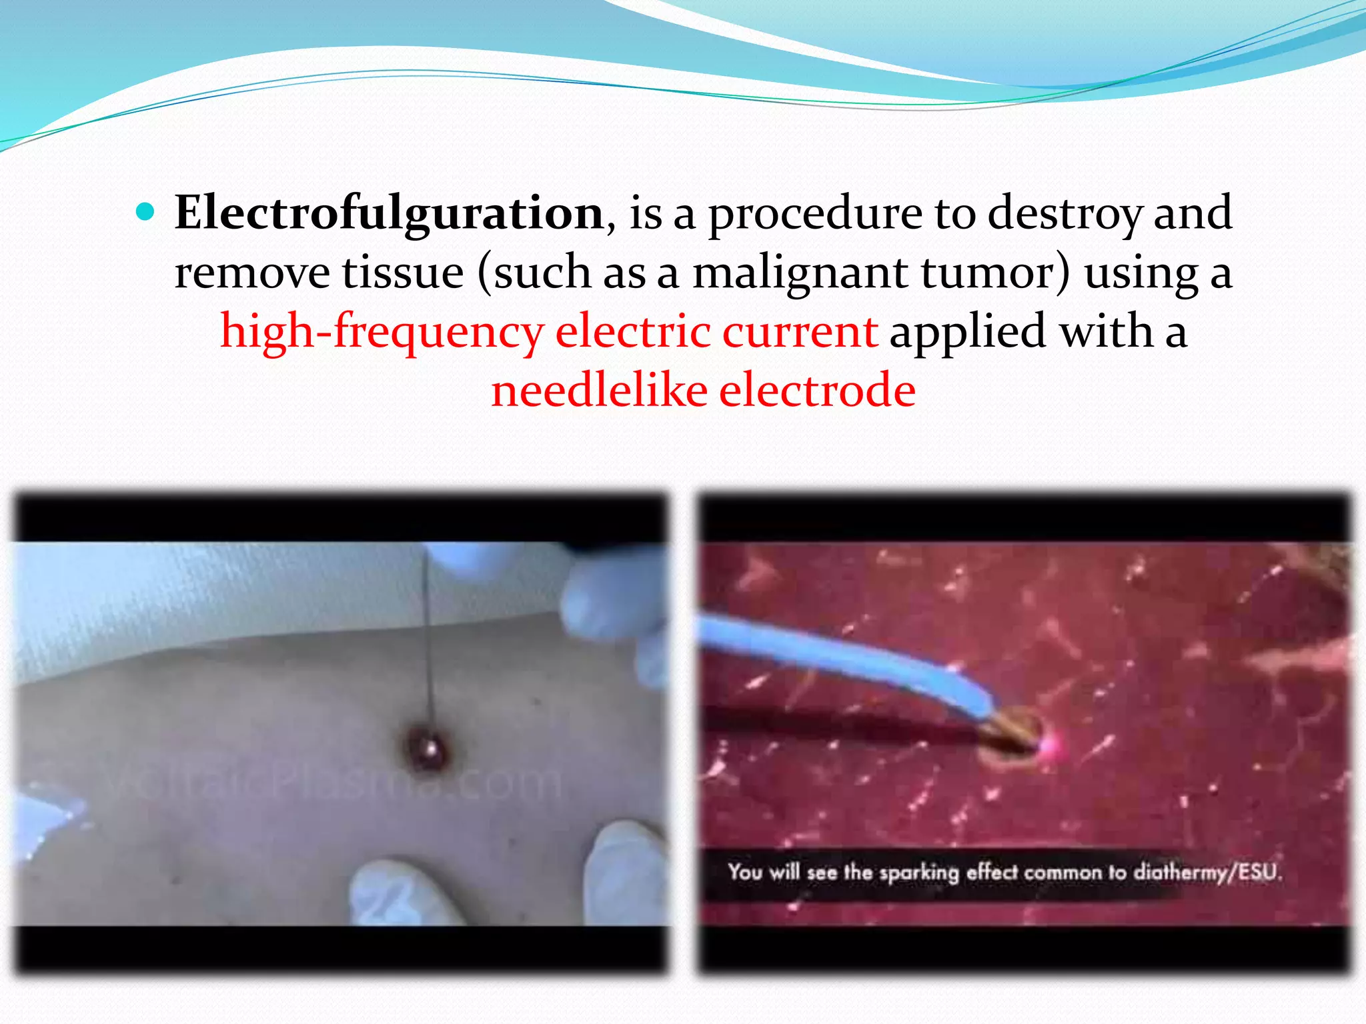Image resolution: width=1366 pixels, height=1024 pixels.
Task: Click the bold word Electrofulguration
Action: coord(390,213)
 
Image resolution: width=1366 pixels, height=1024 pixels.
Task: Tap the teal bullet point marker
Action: coord(145,213)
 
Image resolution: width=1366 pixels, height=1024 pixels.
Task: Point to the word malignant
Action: coord(800,273)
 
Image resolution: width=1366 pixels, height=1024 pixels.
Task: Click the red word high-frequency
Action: coord(382,332)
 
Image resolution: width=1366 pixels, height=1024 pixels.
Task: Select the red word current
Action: coord(800,332)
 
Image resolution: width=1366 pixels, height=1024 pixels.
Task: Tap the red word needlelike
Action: coord(599,391)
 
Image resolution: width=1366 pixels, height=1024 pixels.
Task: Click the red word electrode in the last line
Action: coord(817,391)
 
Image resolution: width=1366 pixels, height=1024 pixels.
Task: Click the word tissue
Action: coord(403,273)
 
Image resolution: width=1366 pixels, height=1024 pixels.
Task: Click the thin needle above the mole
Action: coord(428,633)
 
